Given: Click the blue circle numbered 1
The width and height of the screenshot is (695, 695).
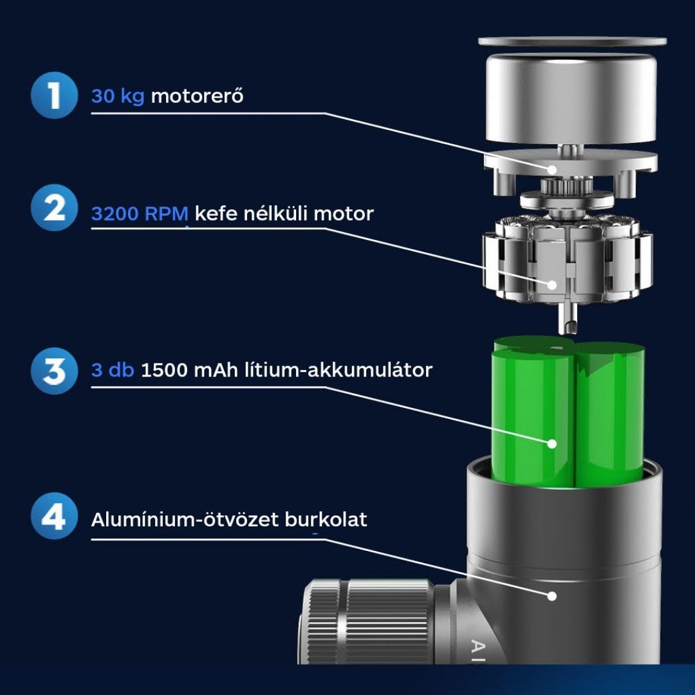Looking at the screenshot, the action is pyautogui.click(x=54, y=95).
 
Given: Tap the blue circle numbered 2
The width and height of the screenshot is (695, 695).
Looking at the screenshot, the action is pyautogui.click(x=54, y=207).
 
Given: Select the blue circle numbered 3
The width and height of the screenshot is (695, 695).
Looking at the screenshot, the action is pyautogui.click(x=54, y=371).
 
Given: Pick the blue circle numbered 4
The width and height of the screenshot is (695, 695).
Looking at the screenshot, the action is pyautogui.click(x=54, y=516).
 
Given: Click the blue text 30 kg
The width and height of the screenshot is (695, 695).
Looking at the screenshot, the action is pyautogui.click(x=118, y=96).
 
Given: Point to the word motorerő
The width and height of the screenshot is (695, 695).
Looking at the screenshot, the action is pyautogui.click(x=198, y=96).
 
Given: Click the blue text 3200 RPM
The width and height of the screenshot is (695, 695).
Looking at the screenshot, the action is pyautogui.click(x=140, y=214).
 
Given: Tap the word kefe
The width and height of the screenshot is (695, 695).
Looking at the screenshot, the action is pyautogui.click(x=216, y=213).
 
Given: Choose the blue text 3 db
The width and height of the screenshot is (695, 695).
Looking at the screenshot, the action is pyautogui.click(x=113, y=370).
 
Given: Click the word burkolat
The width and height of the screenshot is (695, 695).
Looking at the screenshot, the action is pyautogui.click(x=326, y=519).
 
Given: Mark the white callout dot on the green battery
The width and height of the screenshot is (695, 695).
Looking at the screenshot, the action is pyautogui.click(x=552, y=443).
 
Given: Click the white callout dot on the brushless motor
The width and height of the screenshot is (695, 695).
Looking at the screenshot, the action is pyautogui.click(x=552, y=284).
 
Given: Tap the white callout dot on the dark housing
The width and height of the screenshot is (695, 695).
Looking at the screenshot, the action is pyautogui.click(x=552, y=596).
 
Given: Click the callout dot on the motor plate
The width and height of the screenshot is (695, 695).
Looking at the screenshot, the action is pyautogui.click(x=552, y=169).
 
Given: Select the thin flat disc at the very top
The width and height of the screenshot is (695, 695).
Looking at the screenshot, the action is pyautogui.click(x=572, y=41).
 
